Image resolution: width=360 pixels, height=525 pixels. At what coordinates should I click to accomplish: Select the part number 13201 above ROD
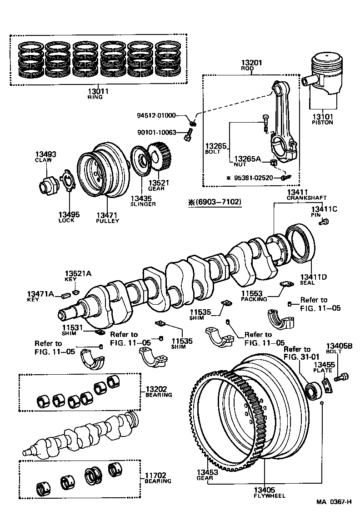coord(252,63)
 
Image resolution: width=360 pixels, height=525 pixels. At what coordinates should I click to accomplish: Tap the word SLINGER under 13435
coord(143,204)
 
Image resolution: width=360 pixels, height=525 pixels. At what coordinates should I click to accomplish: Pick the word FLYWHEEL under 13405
coord(270,495)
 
